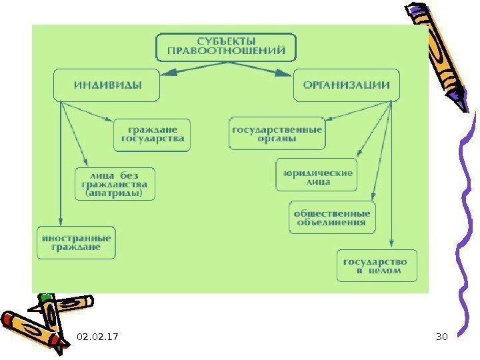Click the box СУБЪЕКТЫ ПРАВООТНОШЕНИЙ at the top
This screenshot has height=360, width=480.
pos(226,44)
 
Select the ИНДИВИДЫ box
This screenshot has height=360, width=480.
pos(107,85)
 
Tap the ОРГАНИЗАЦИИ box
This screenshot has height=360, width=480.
pos(347,85)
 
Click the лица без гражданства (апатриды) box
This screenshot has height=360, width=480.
pos(115,183)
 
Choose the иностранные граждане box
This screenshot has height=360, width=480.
pos(75,242)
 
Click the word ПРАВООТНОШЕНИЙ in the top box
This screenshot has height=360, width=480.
pos(226,50)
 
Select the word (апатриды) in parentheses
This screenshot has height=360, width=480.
pos(115,194)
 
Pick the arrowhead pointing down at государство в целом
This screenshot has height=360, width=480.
pos(391,245)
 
